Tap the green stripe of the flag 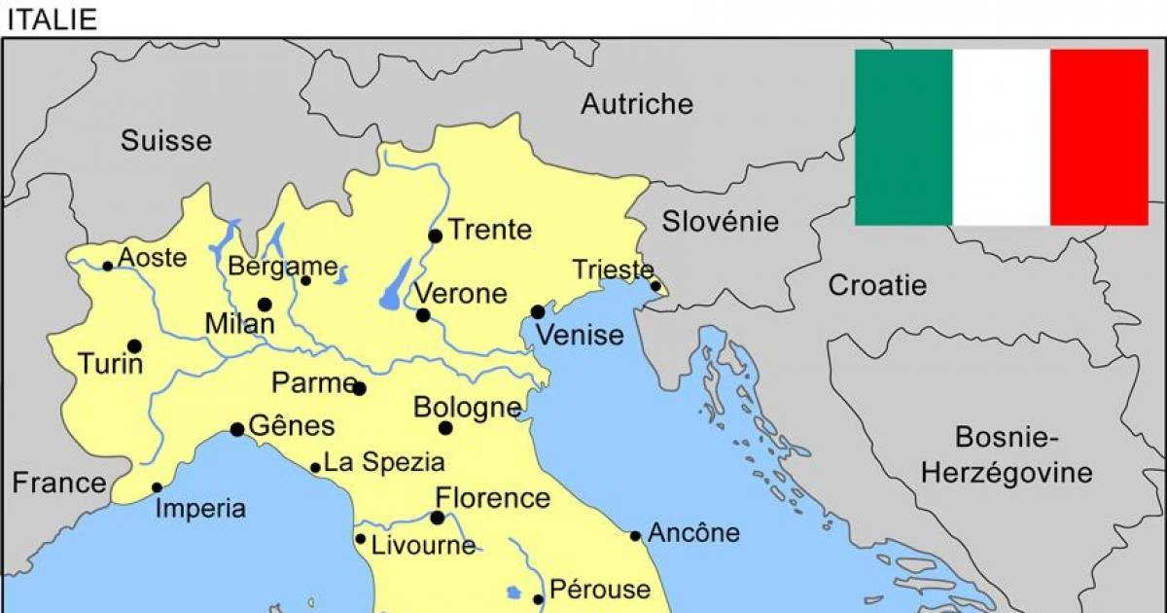[x=903, y=137]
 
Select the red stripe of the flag [x=1099, y=137]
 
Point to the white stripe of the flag [x=1002, y=137]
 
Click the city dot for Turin [x=134, y=345]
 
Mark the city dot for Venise [x=538, y=311]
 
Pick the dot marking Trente [x=435, y=235]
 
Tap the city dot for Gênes [x=237, y=429]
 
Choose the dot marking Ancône [x=635, y=535]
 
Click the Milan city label [x=239, y=325]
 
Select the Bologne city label [x=467, y=408]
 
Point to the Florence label [x=492, y=498]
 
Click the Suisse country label [x=166, y=140]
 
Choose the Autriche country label [x=637, y=104]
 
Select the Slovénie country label [x=721, y=222]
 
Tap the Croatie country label [x=877, y=286]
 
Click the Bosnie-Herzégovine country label [x=1007, y=455]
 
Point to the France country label [x=59, y=483]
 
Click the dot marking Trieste [x=656, y=286]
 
